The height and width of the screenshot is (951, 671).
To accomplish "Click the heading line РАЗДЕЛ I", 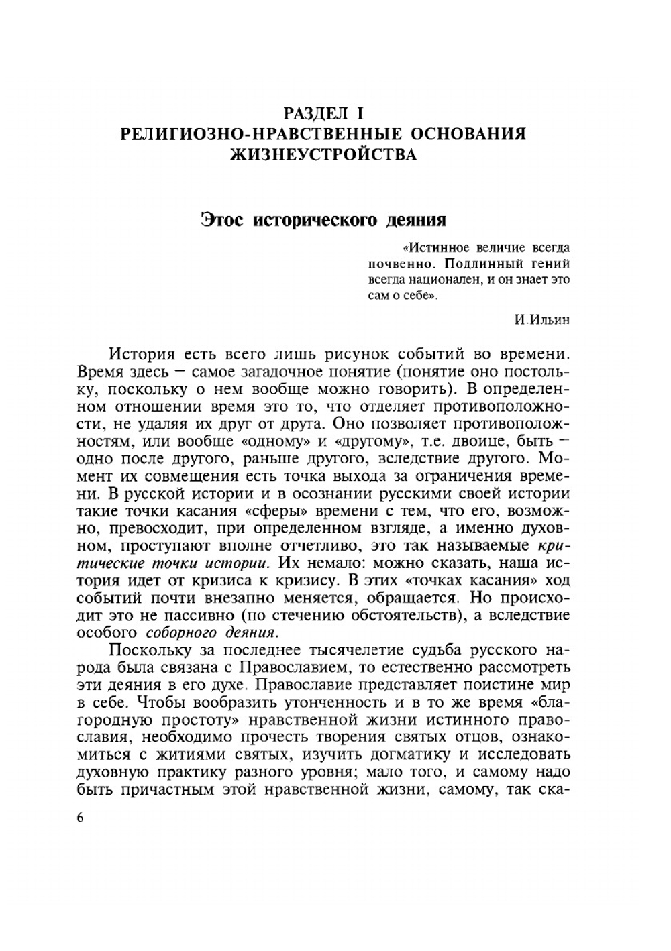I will click(x=323, y=112).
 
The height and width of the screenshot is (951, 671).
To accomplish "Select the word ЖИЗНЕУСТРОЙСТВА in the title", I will click(x=323, y=155).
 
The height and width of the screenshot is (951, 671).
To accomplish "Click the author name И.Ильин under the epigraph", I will click(x=542, y=319).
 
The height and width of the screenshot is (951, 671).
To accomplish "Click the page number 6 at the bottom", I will click(x=81, y=818).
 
